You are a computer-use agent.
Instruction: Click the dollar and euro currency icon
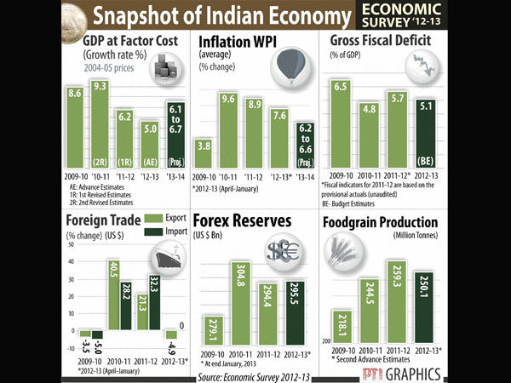click(281, 250)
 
